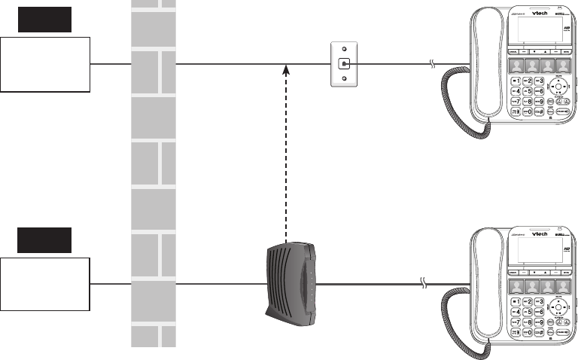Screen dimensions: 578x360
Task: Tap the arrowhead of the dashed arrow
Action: coord(285,70)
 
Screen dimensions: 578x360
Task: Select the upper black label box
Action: coord(45,20)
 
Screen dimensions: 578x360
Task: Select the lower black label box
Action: coord(45,239)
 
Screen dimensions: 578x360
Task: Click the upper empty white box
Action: coord(45,64)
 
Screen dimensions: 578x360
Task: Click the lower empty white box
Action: coord(45,284)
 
